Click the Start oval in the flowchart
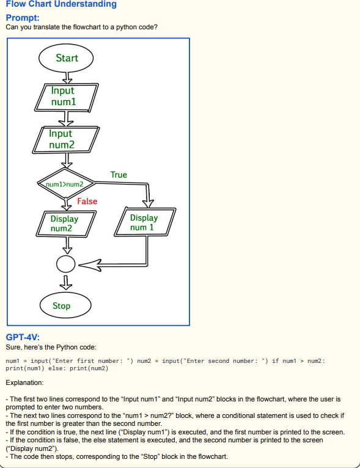[66, 58]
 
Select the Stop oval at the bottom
[65, 305]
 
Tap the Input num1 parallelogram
[66, 97]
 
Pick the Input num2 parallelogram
[65, 140]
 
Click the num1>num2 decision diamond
[66, 183]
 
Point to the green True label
[119, 175]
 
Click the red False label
[87, 201]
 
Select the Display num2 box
[66, 224]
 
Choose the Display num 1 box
[145, 222]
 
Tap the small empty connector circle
[65, 264]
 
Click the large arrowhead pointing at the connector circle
[90, 265]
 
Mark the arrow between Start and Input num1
[67, 78]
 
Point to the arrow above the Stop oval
[66, 283]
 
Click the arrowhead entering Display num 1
[148, 203]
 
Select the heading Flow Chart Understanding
[61, 4]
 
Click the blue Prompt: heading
[23, 18]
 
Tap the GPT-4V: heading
[23, 337]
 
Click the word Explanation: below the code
[24, 382]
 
